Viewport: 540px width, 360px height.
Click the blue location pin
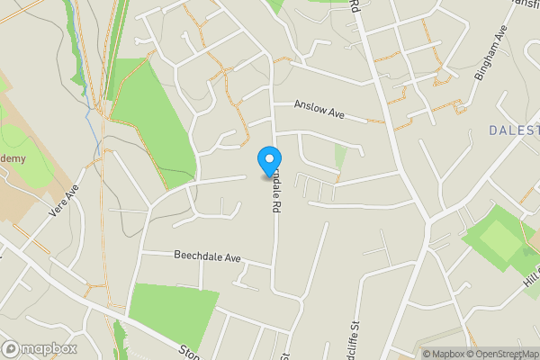[268, 160]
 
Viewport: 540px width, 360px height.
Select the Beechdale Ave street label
[208, 256]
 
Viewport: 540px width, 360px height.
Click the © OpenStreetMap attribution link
[504, 354]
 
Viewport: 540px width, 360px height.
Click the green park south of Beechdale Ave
[171, 310]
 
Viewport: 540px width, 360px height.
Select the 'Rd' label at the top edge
[355, 7]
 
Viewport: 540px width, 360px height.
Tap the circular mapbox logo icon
[12, 349]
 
